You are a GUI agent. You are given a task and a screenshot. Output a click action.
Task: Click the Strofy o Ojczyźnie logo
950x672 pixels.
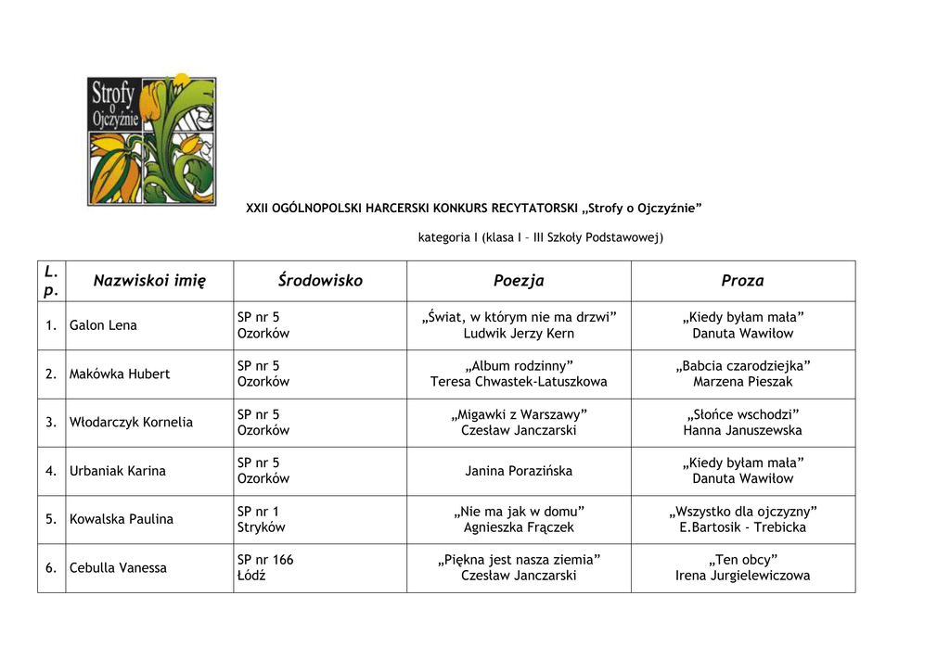pyautogui.click(x=152, y=141)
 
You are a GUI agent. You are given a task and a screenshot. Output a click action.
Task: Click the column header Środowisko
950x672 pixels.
pyautogui.click(x=320, y=281)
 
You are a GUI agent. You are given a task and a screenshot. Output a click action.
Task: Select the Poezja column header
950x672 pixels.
pyautogui.click(x=519, y=281)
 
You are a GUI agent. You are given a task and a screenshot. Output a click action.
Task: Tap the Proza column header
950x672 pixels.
pyautogui.click(x=742, y=281)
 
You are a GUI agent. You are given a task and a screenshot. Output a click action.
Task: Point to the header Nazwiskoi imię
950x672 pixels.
pyautogui.click(x=149, y=281)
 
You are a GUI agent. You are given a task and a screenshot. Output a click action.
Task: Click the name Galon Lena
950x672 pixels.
pyautogui.click(x=103, y=325)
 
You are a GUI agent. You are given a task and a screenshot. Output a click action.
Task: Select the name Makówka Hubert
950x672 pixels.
pyautogui.click(x=120, y=374)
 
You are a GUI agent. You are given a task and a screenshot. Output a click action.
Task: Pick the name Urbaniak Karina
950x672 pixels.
pyautogui.click(x=118, y=471)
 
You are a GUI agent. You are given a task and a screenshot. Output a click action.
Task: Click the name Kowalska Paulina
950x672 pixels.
pyautogui.click(x=122, y=519)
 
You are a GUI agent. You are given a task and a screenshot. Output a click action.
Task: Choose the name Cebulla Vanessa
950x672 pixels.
pyautogui.click(x=118, y=568)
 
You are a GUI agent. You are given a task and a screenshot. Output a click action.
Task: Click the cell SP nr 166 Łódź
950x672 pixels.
pyautogui.click(x=265, y=568)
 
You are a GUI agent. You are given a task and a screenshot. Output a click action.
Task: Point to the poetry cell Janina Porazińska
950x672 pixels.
pyautogui.click(x=519, y=471)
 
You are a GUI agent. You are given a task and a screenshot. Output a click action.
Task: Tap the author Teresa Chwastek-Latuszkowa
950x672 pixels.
pyautogui.click(x=519, y=382)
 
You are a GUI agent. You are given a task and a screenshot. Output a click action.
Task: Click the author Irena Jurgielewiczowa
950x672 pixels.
pyautogui.click(x=742, y=576)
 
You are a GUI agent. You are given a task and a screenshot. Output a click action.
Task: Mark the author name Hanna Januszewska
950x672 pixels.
pyautogui.click(x=742, y=430)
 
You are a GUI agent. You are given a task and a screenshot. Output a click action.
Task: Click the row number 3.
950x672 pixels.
pyautogui.click(x=52, y=423)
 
